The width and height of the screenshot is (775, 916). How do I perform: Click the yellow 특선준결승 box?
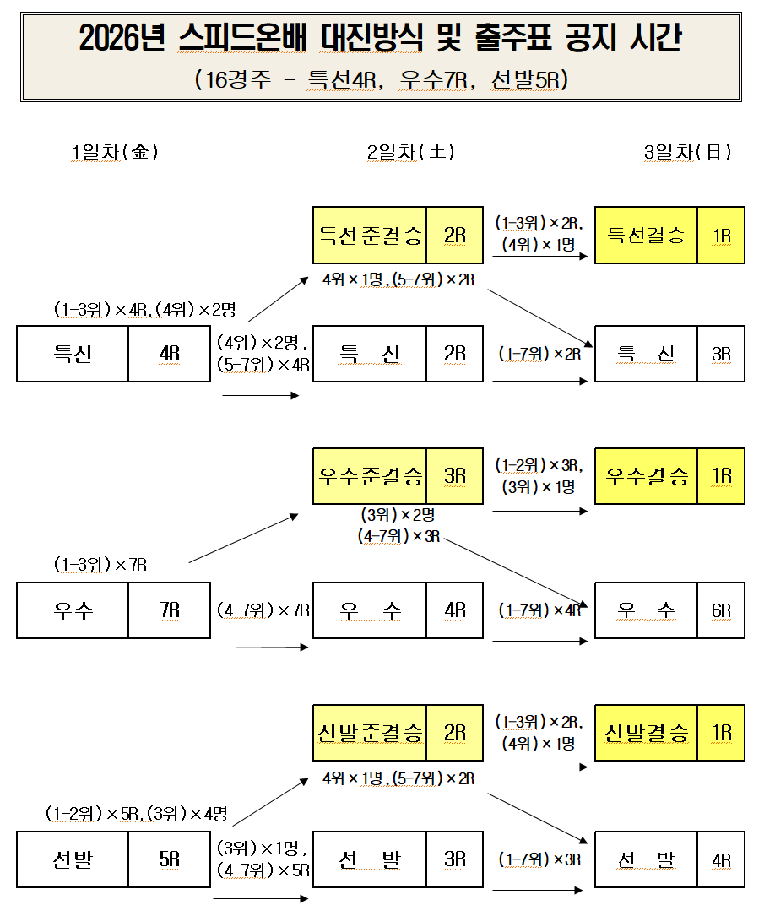point(371,236)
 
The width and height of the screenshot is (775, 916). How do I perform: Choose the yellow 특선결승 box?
point(647,236)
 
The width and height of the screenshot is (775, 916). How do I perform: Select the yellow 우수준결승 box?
point(371,476)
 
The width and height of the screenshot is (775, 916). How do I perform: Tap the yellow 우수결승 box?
point(647,476)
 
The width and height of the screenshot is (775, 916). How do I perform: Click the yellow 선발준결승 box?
point(371,733)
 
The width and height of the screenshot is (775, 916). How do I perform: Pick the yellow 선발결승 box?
point(647,733)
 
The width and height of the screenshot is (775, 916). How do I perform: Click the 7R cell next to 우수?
point(169,610)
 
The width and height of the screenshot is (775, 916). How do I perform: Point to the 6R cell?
point(721,610)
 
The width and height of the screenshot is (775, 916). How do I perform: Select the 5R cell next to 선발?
point(169,859)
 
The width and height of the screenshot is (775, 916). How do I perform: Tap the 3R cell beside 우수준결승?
point(455,476)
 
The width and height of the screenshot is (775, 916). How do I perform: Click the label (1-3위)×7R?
point(100,565)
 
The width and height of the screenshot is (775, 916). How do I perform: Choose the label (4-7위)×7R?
point(263,610)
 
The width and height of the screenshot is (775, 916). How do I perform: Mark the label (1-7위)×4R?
point(539,610)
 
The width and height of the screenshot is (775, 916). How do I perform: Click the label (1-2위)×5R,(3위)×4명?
point(136,814)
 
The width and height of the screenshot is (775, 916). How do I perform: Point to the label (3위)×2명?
point(398,515)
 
